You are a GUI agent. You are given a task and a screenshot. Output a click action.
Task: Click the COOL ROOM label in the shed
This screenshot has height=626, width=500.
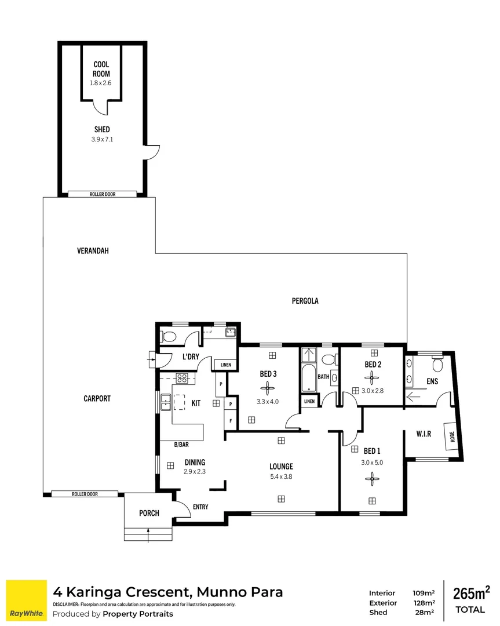tap(102, 69)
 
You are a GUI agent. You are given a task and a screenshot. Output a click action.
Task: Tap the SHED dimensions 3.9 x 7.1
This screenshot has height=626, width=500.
tap(102, 139)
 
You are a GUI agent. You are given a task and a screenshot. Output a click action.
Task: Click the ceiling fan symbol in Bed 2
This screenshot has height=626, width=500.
tap(371, 378)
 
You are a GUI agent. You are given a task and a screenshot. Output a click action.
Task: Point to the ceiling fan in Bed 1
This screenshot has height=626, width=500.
tap(371, 478)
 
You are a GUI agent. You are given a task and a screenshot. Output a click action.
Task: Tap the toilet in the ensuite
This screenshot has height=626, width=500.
tap(438, 363)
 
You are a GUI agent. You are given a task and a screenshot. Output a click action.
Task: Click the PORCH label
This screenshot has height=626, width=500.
tap(149, 513)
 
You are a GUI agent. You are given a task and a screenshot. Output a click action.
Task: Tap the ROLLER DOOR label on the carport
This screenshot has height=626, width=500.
tap(85, 494)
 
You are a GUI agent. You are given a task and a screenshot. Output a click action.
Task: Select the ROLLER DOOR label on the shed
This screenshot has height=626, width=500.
tap(102, 194)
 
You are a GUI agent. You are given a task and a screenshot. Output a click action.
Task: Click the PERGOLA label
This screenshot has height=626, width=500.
tap(305, 301)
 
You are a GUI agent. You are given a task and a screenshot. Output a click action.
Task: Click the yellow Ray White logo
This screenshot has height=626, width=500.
tap(26, 600)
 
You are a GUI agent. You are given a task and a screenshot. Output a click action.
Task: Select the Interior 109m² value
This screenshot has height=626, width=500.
tap(423, 593)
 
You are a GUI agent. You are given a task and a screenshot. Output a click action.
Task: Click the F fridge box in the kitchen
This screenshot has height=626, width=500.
tap(230, 421)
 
